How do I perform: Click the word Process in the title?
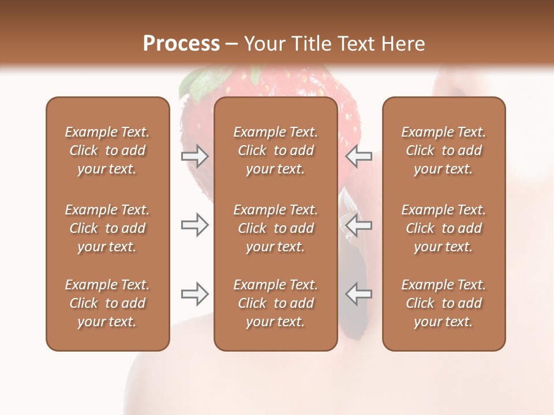coord(181,43)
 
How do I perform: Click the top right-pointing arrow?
coord(194,156)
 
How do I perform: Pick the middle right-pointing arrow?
coord(194,225)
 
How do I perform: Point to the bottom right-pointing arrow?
coord(194,294)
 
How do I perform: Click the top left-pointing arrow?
coord(358,156)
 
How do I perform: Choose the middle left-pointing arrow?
coord(358,225)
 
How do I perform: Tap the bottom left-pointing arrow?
coord(358,294)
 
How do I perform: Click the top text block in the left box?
coord(107,150)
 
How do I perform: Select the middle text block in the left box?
coord(107,228)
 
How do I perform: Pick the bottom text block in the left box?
coord(107,303)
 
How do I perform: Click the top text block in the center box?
coord(276,150)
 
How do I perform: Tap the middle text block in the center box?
coord(276,228)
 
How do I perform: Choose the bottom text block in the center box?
coord(276,303)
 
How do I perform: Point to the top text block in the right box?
coord(444,150)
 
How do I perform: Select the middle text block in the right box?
coord(444,228)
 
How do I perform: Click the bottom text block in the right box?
coord(444,303)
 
